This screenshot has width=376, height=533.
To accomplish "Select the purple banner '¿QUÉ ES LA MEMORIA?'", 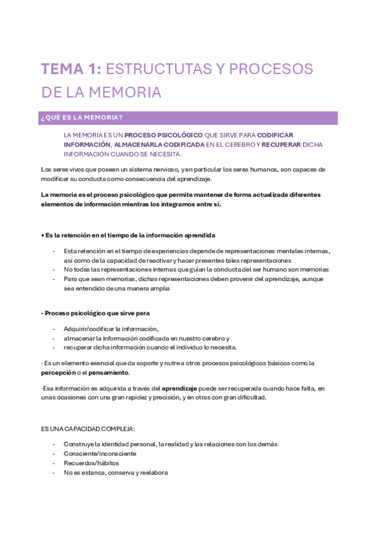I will [189, 118].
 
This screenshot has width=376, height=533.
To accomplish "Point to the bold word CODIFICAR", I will [275, 135].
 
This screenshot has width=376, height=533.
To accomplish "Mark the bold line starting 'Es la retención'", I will [128, 235].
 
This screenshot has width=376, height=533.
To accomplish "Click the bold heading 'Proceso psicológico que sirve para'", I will [97, 312].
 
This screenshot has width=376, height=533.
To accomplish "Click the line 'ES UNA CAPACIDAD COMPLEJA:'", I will [87, 428].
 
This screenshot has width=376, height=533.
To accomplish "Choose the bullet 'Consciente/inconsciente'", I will [100, 453].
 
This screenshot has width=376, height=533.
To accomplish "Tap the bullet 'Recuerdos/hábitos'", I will [90, 463].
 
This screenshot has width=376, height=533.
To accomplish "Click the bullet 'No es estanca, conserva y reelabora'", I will [115, 473].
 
